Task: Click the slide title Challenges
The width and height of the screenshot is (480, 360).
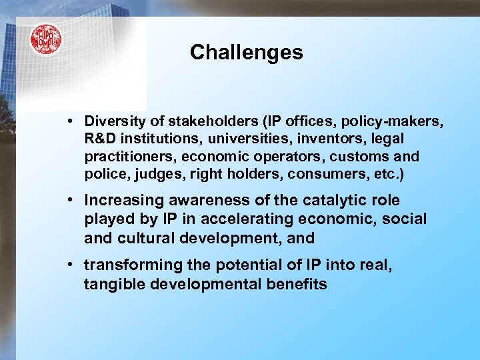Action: [x=246, y=53]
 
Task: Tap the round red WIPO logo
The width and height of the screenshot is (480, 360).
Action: [x=45, y=39]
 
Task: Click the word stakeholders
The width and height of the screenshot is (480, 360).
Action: [x=204, y=121]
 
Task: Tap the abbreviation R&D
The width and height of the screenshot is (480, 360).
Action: [x=99, y=139]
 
